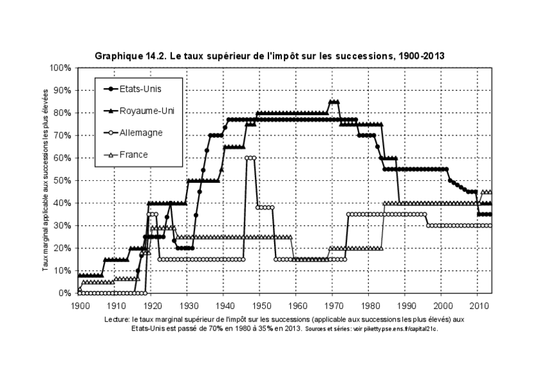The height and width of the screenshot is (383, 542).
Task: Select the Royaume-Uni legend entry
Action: pos(141,111)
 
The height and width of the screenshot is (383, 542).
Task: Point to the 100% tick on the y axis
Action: pos(63,68)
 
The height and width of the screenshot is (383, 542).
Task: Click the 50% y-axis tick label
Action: pos(65,180)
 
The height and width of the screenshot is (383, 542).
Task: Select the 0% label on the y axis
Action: pos(66,293)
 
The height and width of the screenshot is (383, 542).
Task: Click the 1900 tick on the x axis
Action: pos(79,306)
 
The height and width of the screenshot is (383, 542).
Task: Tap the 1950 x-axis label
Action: pos(260,306)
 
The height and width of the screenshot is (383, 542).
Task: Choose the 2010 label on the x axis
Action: pos(477,306)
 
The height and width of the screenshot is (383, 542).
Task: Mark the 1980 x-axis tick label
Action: pos(368,306)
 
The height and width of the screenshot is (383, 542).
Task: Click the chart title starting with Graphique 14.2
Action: pos(269,56)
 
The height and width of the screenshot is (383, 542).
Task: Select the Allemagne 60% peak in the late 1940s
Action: pos(251,158)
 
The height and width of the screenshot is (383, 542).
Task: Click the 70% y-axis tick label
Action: pos(65,136)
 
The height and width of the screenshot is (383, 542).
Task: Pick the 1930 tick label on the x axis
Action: pos(188,306)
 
